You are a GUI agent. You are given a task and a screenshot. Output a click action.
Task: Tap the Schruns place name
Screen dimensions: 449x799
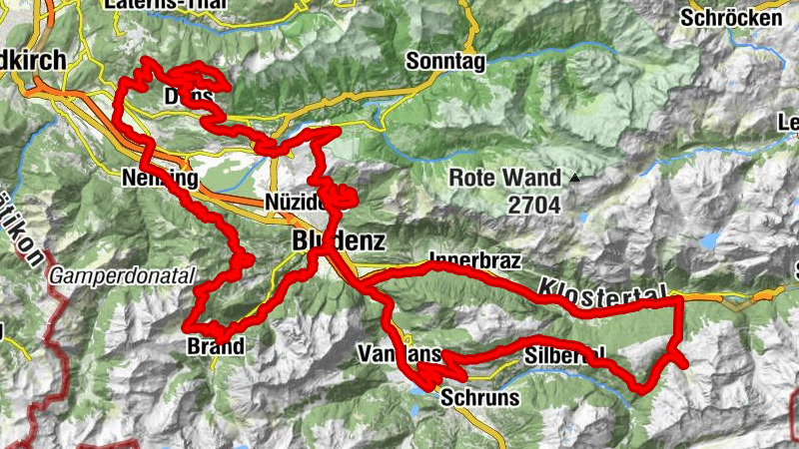pos(479,397)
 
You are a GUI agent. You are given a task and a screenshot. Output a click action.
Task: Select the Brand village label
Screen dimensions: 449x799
pos(215,347)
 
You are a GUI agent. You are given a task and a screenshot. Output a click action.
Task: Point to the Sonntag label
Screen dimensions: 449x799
pos(445,62)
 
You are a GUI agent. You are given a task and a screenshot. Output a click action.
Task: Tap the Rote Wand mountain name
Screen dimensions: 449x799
pos(505,179)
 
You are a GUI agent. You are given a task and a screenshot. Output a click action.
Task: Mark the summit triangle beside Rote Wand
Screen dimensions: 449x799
pos(576,179)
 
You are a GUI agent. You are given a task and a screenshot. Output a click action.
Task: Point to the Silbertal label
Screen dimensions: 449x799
pos(565,354)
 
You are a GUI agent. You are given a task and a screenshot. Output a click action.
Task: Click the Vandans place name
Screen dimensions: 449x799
pos(399,355)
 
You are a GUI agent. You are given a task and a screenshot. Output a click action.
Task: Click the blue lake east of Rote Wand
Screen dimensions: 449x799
pos(710,240)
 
